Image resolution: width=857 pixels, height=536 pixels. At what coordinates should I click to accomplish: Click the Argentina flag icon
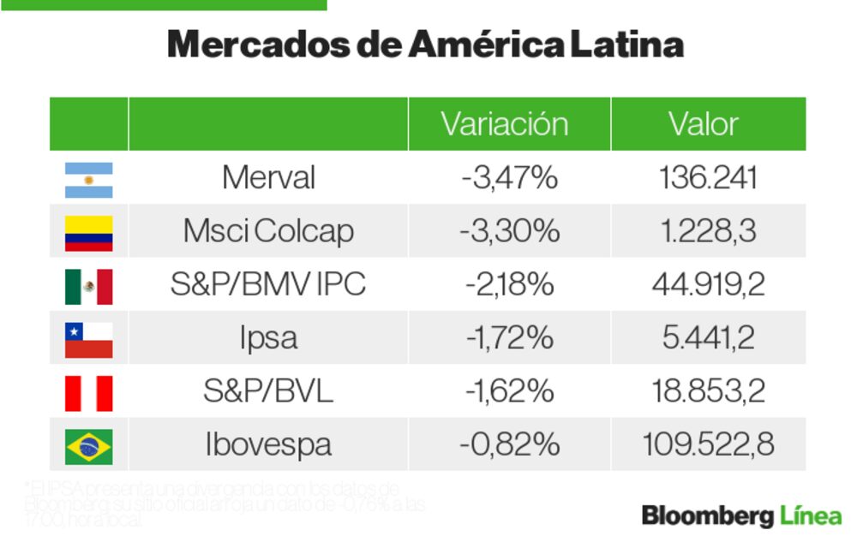click(88, 180)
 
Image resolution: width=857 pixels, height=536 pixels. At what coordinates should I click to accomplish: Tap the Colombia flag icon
click(88, 233)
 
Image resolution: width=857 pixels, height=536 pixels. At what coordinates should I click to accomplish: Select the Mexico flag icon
click(88, 286)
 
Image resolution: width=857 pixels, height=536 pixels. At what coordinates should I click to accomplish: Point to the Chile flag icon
click(88, 339)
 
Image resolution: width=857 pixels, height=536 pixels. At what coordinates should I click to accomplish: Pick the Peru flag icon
click(88, 392)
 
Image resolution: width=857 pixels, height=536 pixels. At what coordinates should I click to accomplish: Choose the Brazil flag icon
click(88, 445)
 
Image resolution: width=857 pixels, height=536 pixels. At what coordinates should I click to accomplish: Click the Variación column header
click(505, 124)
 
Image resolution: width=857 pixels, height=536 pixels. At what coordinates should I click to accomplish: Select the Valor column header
click(704, 124)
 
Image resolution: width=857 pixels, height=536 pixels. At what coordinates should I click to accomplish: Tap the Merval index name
click(268, 178)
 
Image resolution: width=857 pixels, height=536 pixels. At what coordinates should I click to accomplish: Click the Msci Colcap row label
click(268, 231)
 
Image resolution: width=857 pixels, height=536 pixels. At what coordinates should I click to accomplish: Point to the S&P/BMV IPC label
click(268, 284)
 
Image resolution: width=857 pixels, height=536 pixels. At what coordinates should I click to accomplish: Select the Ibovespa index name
click(268, 444)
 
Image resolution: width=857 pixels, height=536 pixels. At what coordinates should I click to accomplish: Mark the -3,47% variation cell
click(509, 178)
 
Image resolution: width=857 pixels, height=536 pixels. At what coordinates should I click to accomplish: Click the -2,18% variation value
click(509, 284)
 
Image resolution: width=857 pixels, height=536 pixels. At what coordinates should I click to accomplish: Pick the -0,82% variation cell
click(509, 444)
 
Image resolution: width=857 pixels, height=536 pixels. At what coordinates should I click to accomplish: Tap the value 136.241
click(708, 178)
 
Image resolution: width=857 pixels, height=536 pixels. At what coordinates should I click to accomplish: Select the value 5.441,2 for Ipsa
click(708, 338)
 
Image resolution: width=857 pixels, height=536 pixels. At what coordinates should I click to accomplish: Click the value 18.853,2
click(708, 391)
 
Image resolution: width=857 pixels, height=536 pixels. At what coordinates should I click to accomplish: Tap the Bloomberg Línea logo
click(741, 515)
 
